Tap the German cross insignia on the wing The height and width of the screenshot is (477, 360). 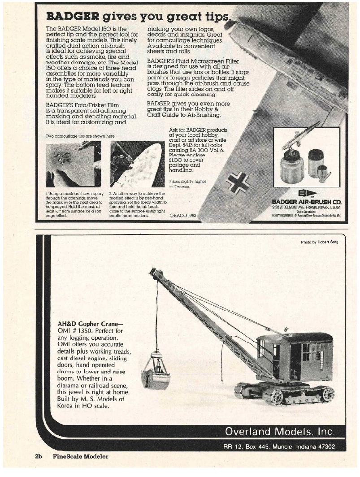click(238, 182)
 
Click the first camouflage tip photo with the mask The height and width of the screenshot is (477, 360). click(73, 164)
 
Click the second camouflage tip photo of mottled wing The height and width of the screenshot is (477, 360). click(137, 164)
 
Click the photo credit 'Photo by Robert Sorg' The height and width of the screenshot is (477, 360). click(319, 242)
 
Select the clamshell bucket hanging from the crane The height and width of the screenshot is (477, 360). click(156, 371)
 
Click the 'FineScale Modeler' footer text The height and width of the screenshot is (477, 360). click(80, 456)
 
